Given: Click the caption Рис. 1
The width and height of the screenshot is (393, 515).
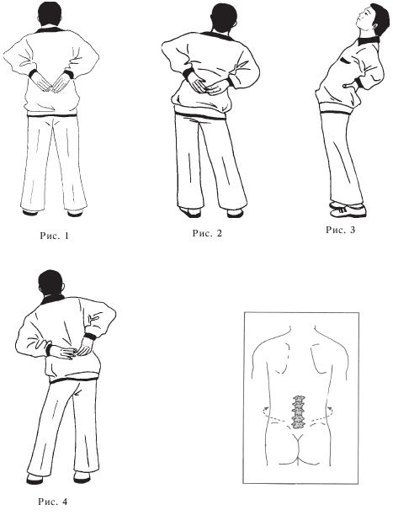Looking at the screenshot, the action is pyautogui.click(x=55, y=236).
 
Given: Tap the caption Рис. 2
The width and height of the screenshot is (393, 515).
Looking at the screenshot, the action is pyautogui.click(x=207, y=233).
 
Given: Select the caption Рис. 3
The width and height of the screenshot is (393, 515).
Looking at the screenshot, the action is pyautogui.click(x=341, y=230).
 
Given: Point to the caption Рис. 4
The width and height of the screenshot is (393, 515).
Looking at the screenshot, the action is pyautogui.click(x=53, y=502).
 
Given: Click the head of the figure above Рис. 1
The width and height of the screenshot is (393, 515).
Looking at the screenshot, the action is pyautogui.click(x=50, y=14).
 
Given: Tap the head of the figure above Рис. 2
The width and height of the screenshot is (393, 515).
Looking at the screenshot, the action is pyautogui.click(x=224, y=18).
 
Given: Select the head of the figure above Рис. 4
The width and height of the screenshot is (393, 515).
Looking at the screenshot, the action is pyautogui.click(x=51, y=284).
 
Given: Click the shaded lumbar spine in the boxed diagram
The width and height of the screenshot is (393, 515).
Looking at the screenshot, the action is pyautogui.click(x=298, y=412).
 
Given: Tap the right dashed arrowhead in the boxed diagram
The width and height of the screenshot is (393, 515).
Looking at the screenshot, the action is pyautogui.click(x=330, y=408).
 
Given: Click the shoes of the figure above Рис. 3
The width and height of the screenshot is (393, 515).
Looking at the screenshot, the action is pyautogui.click(x=348, y=210).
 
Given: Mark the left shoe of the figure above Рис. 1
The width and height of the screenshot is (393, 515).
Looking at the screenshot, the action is pyautogui.click(x=29, y=212).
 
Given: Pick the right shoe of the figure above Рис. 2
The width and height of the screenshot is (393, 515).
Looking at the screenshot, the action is pyautogui.click(x=236, y=213).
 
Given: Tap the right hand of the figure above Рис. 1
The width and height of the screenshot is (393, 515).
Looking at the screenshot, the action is pyautogui.click(x=61, y=83).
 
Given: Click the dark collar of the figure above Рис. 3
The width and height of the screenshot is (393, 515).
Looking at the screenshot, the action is pyautogui.click(x=368, y=40).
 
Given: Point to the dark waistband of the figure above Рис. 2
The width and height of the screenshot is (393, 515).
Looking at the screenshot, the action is pyautogui.click(x=201, y=115).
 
